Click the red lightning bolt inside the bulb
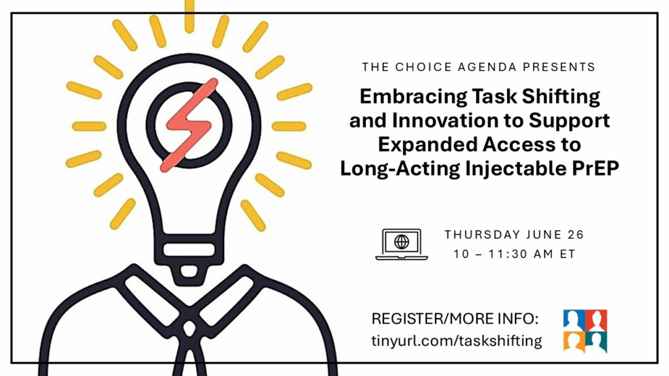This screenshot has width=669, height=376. pos(189,125)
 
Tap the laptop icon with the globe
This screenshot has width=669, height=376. pos(402,244)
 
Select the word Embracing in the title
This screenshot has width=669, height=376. pos(413,97)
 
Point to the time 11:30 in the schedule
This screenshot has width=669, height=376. pos(506,254)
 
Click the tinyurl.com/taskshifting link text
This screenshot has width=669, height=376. pos(457,341)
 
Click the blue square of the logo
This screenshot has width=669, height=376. pos(574,320)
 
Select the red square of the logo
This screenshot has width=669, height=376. pos(596,320)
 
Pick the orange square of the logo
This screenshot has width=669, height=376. pos(574,342)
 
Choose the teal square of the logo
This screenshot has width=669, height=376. pos(596,342)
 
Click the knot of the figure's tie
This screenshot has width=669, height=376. pos(189,328)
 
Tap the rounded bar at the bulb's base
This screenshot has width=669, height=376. pos(189,249)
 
